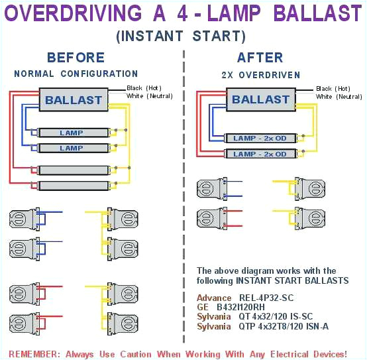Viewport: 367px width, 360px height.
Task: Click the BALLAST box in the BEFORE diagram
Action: (74, 101)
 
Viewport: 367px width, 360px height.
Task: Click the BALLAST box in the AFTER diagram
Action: (260, 99)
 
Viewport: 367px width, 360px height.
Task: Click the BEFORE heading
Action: (76, 58)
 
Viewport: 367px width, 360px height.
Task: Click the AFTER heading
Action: (260, 58)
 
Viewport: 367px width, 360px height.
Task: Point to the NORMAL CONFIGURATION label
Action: (76, 74)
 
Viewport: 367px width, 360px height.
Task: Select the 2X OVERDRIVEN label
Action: (260, 74)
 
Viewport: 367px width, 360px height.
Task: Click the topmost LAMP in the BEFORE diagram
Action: (72, 133)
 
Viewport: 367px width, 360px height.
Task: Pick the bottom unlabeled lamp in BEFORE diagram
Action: (72, 185)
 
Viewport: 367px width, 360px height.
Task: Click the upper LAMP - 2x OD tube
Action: (260, 138)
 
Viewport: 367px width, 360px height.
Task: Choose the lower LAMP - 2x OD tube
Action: (260, 154)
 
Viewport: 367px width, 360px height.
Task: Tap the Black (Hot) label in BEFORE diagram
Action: (144, 88)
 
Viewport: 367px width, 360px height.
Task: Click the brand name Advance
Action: (214, 298)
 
